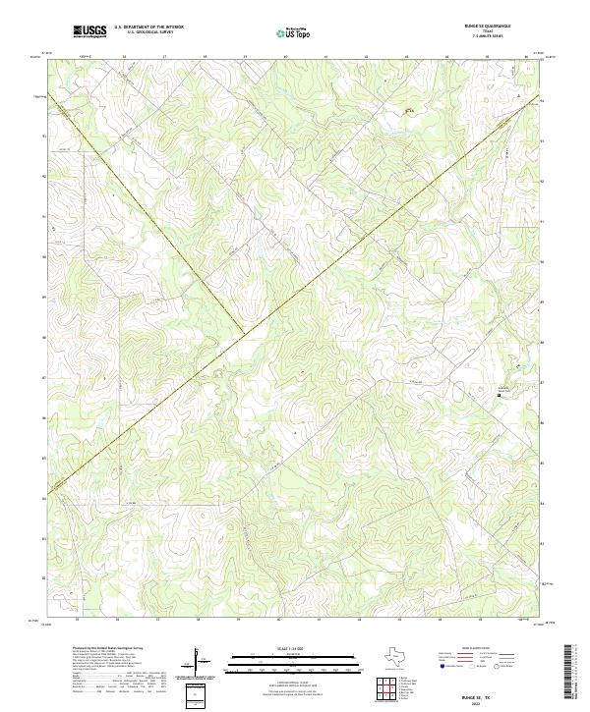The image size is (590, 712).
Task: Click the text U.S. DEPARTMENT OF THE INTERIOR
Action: pyautogui.click(x=148, y=27)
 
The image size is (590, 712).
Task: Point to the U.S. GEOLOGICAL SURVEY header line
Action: pyautogui.click(x=148, y=32)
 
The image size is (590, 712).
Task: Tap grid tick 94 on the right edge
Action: pyautogui.click(x=543, y=100)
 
